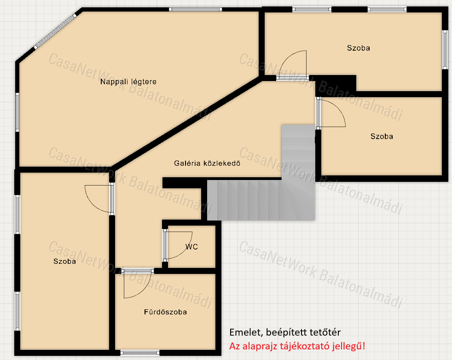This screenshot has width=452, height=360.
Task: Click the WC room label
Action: coord(191,247)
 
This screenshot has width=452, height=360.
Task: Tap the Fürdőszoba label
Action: coord(165,312)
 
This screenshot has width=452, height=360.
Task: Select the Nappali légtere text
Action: coord(128,82)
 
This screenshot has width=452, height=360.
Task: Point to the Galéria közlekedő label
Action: coord(207,163)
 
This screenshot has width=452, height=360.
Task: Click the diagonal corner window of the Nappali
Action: coord(55,30)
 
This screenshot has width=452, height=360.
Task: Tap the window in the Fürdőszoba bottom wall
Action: coord(140,353)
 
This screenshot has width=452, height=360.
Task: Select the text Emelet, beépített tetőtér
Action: coord(285,332)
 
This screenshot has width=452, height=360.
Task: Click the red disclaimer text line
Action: coord(297,346)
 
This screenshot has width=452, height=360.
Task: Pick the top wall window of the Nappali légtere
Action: coord(195,10)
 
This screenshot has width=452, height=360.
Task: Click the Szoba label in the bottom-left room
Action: coord(64,261)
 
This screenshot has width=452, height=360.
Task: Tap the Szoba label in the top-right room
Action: coord(358,48)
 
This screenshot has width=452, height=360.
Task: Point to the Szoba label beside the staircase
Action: coord(382,136)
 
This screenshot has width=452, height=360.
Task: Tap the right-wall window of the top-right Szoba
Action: coord(445,49)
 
